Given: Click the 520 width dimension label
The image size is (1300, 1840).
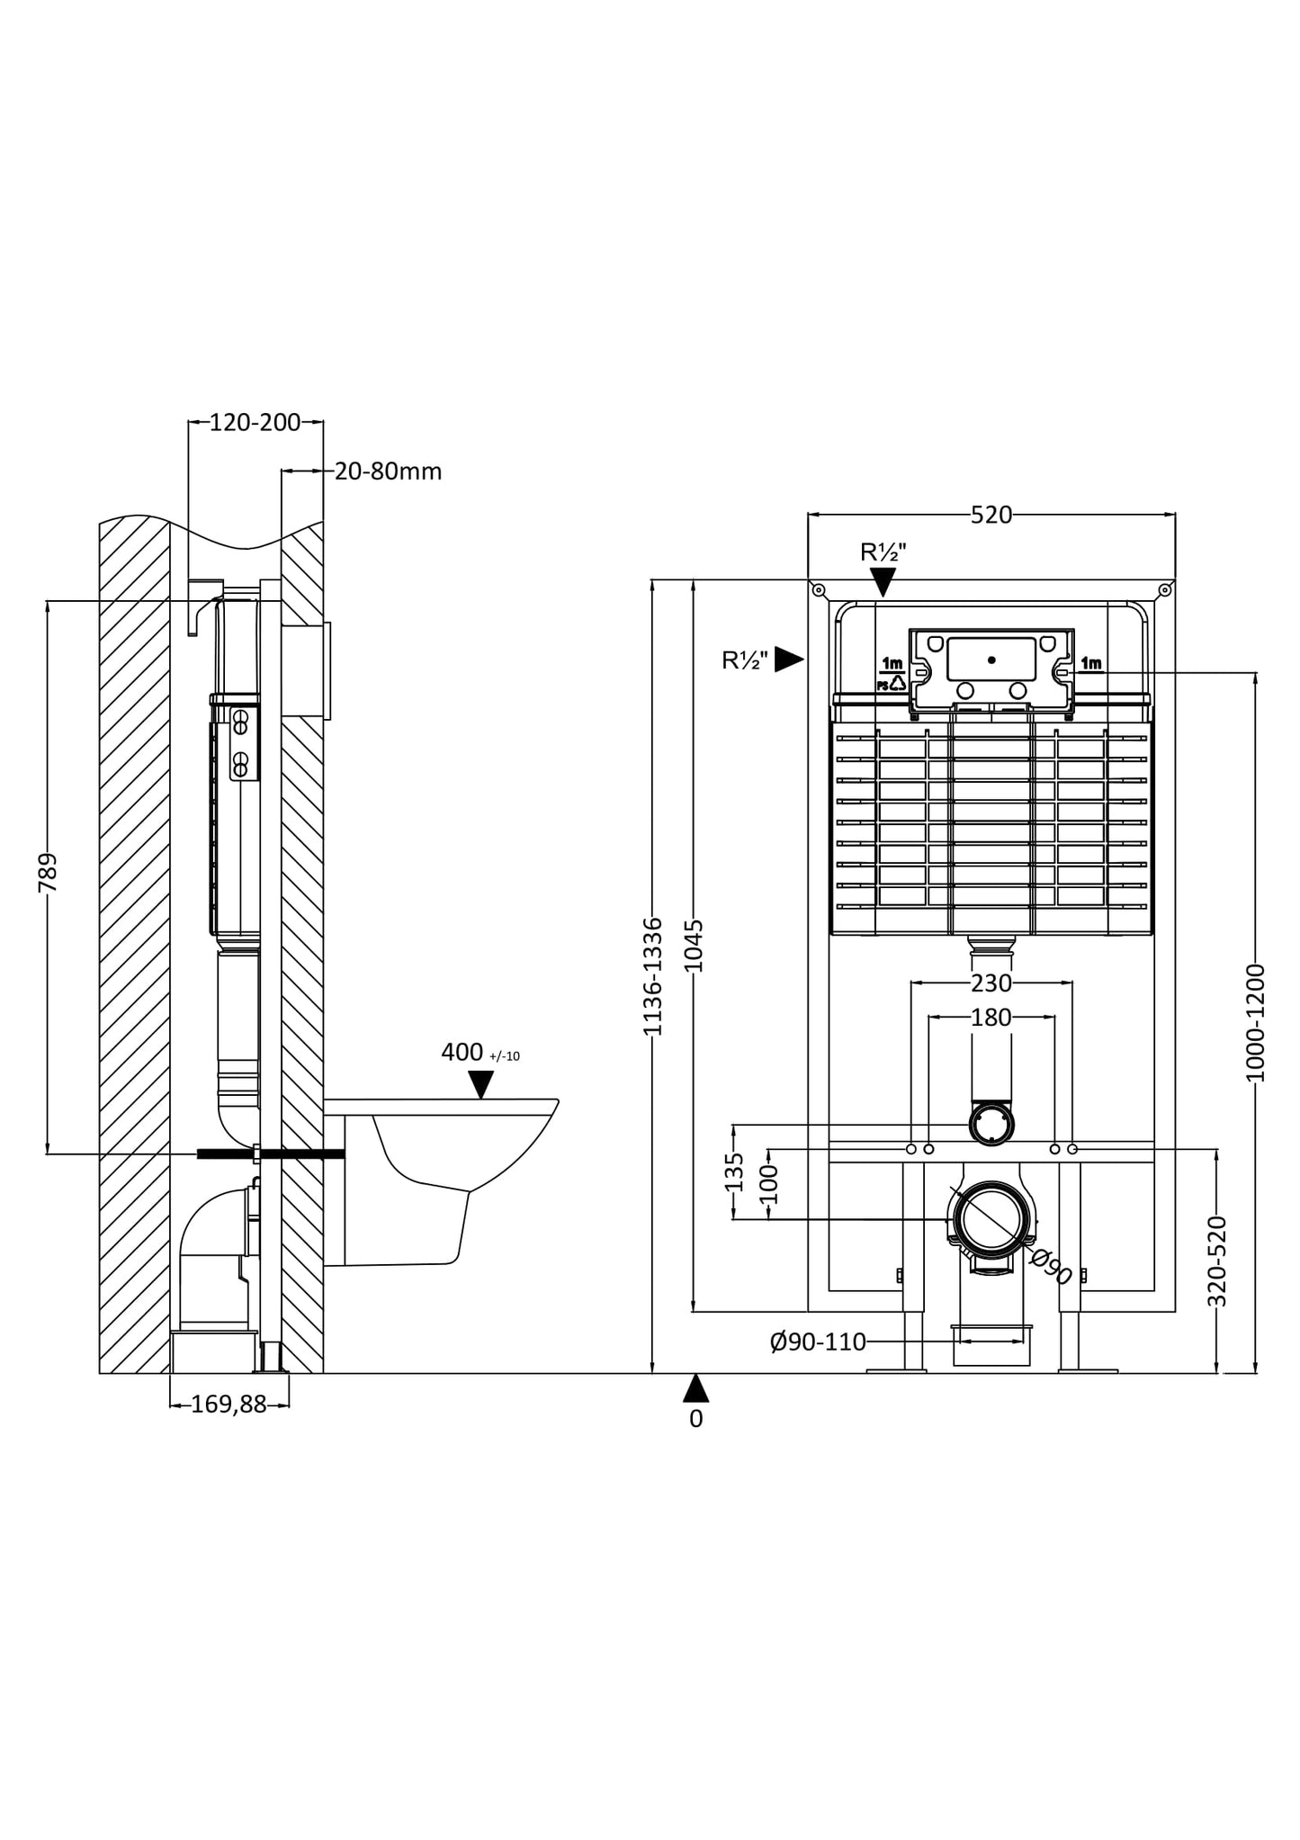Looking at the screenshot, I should point(991,515).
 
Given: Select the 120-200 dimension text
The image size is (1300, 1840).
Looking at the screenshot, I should point(255,422).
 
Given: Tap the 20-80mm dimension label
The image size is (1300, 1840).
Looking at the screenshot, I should point(388,471).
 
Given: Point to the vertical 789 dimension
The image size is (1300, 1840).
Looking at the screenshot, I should point(48,872).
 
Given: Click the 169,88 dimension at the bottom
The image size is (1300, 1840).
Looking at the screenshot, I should point(229,1405).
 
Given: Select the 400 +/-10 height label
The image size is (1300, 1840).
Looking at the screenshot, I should point(480,1053).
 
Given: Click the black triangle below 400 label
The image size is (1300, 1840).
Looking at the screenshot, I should point(481,1085).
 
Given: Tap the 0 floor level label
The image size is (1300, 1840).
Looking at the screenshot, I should point(695,1419).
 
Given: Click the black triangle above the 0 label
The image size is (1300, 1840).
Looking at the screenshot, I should point(695,1389).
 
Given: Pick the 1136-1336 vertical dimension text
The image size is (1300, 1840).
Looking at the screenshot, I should point(653,976).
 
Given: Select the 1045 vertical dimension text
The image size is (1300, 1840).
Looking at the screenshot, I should point(694,946).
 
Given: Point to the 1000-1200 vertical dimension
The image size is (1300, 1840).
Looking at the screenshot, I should point(1256,1022).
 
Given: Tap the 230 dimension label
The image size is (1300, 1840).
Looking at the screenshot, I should point(991,983).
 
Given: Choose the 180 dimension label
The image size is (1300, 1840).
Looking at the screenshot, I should point(991,1018).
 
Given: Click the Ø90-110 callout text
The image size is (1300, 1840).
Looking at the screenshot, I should point(818,1342).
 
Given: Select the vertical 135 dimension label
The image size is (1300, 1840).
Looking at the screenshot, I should point(735,1171).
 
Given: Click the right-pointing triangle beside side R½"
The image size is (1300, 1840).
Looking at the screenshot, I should point(788,660).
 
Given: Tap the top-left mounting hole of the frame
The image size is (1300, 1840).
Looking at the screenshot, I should point(818,590).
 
